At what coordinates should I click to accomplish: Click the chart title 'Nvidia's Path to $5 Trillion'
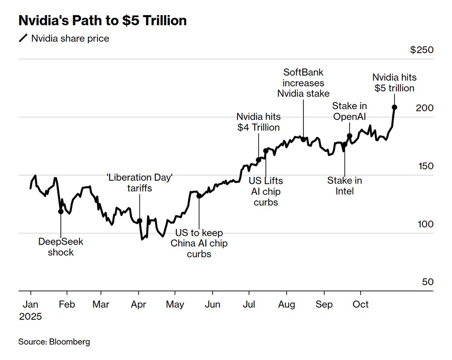(x=102, y=21)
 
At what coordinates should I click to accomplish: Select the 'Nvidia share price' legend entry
(x=70, y=38)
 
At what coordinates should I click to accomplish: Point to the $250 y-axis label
(x=421, y=50)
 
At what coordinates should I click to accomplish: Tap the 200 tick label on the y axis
(x=424, y=108)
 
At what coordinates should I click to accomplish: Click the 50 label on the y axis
(x=427, y=282)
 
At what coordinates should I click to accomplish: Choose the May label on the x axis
(x=175, y=304)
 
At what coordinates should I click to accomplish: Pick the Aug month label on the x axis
(x=286, y=304)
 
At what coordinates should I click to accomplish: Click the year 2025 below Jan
(x=31, y=317)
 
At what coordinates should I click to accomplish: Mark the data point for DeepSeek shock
(x=61, y=211)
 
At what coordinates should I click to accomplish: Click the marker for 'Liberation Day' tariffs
(x=140, y=221)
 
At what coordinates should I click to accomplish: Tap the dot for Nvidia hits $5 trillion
(x=395, y=107)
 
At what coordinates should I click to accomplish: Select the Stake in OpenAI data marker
(x=350, y=136)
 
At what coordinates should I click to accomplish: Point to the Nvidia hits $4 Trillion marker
(x=259, y=160)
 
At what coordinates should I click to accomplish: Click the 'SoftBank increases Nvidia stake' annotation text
(x=303, y=83)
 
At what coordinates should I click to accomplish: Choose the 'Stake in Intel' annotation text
(x=345, y=186)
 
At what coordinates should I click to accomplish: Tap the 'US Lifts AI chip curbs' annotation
(x=266, y=191)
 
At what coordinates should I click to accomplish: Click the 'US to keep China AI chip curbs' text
(x=199, y=244)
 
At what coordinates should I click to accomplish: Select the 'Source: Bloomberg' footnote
(x=54, y=341)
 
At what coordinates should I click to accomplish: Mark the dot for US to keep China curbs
(x=199, y=196)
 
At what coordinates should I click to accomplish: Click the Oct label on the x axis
(x=361, y=304)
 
